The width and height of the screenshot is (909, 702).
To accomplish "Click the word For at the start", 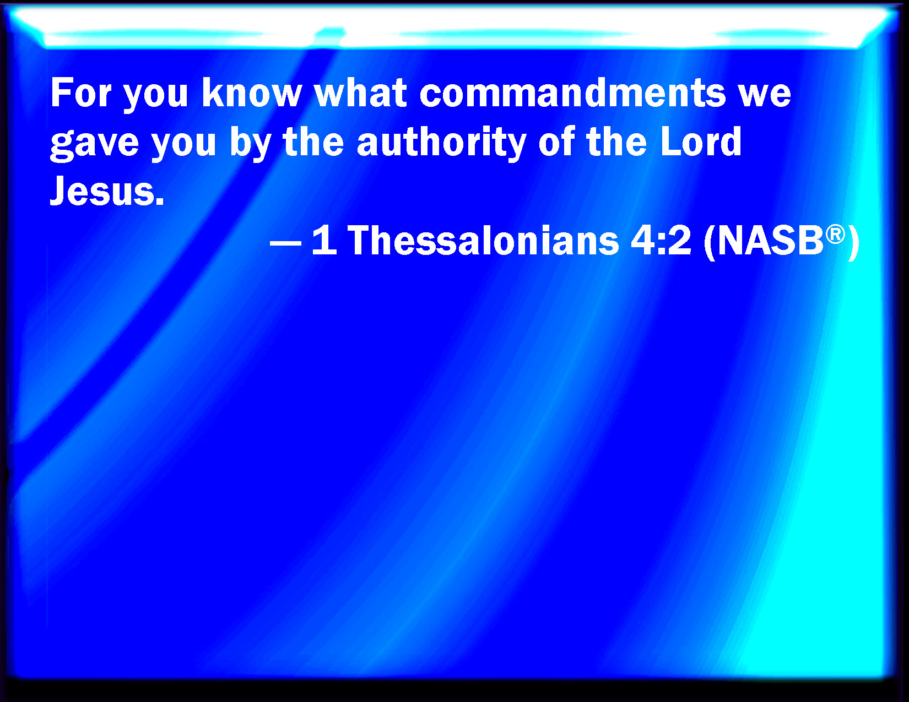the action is click(x=81, y=92).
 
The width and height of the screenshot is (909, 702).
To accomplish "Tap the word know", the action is click(x=251, y=92).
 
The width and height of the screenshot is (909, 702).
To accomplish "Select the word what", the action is click(x=361, y=92).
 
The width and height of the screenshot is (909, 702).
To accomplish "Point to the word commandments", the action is click(x=572, y=92).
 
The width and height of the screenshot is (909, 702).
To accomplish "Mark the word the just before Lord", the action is click(x=616, y=142).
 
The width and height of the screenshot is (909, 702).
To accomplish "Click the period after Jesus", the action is click(x=159, y=201).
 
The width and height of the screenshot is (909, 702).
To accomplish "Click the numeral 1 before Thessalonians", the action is click(x=324, y=239).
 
